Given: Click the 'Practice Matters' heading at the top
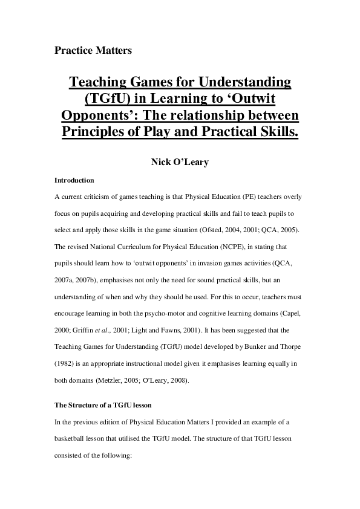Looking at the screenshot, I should [x=93, y=50].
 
